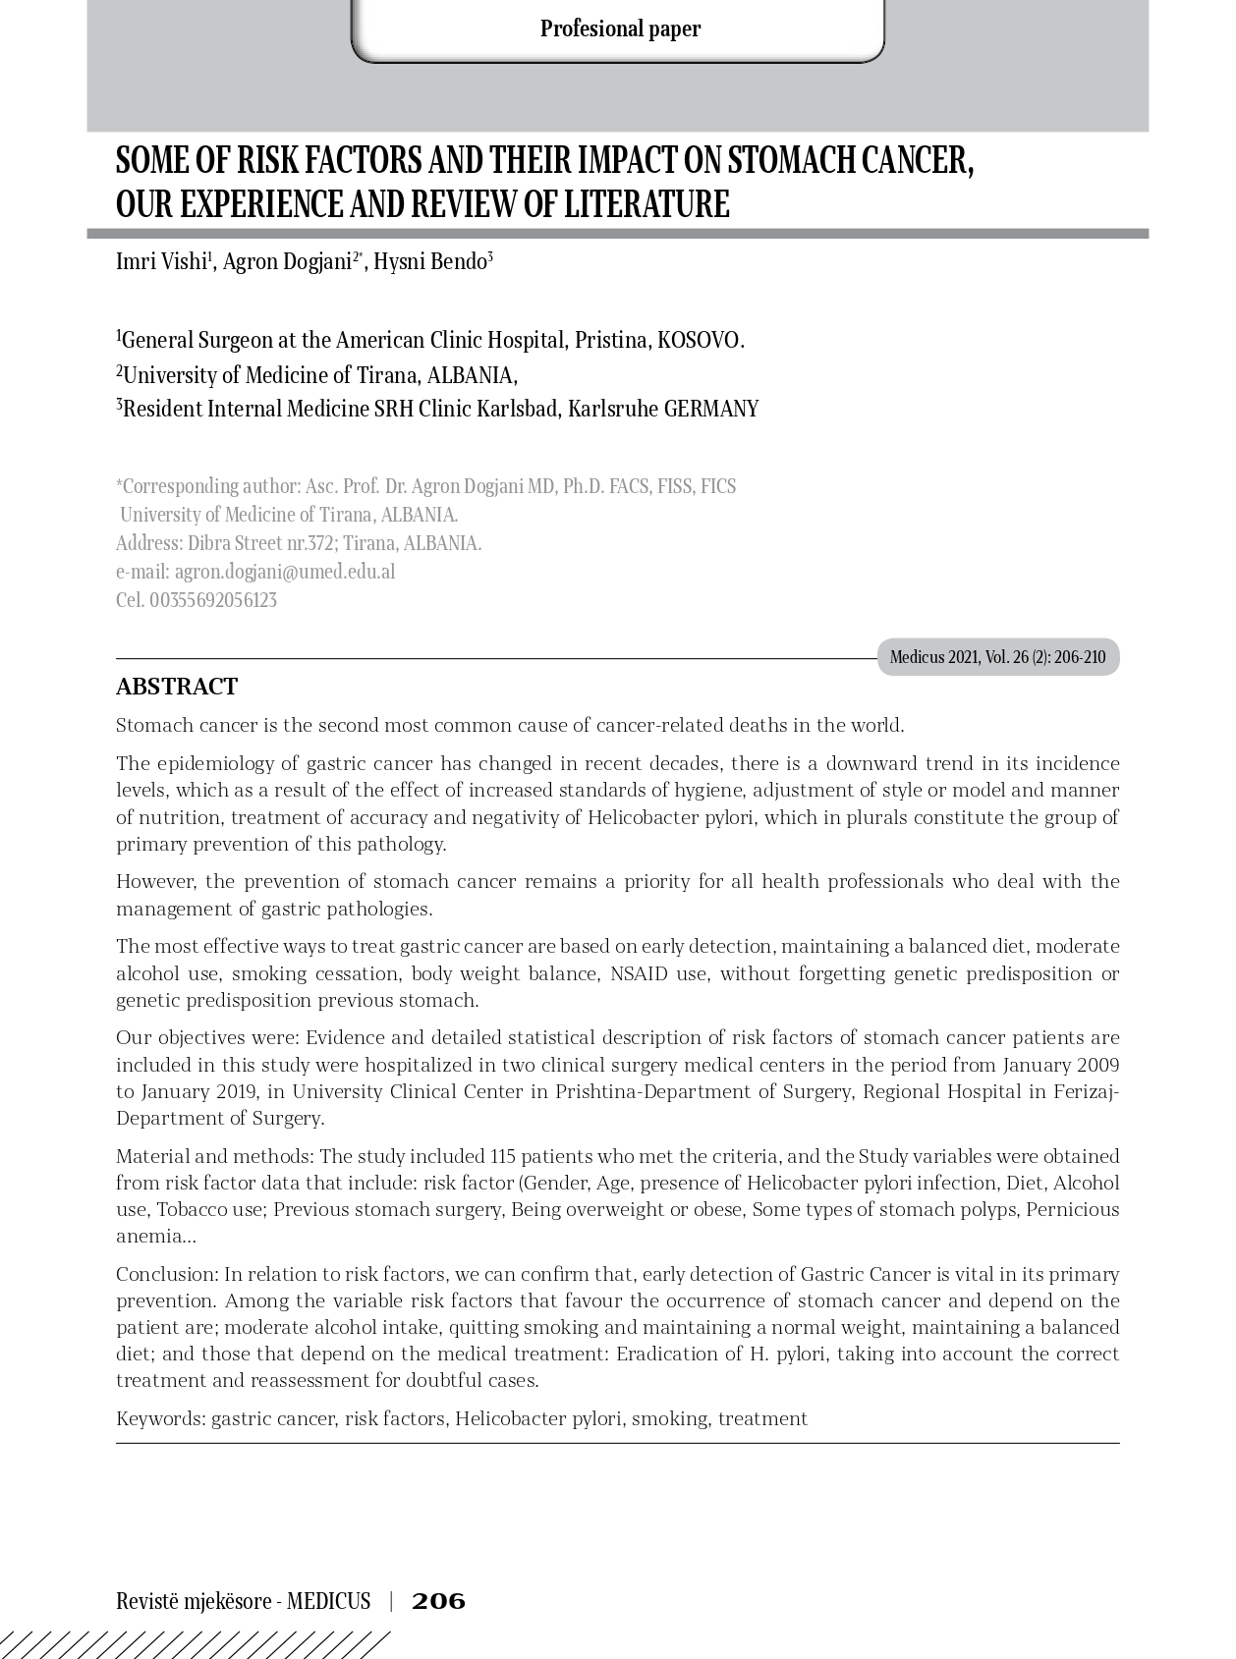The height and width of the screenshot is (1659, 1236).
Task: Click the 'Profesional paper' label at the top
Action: click(620, 28)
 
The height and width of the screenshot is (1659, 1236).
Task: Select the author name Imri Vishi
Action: click(161, 262)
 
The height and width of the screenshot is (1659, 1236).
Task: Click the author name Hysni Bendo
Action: click(430, 262)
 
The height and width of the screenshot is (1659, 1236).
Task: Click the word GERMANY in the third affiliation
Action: click(711, 410)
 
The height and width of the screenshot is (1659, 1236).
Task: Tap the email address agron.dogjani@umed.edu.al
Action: click(285, 572)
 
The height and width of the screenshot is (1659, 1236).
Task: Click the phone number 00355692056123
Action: click(213, 600)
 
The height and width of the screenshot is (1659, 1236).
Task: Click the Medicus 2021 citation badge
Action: click(997, 657)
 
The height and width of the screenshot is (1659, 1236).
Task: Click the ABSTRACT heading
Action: click(177, 687)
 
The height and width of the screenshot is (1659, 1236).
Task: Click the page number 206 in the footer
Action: click(438, 1602)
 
